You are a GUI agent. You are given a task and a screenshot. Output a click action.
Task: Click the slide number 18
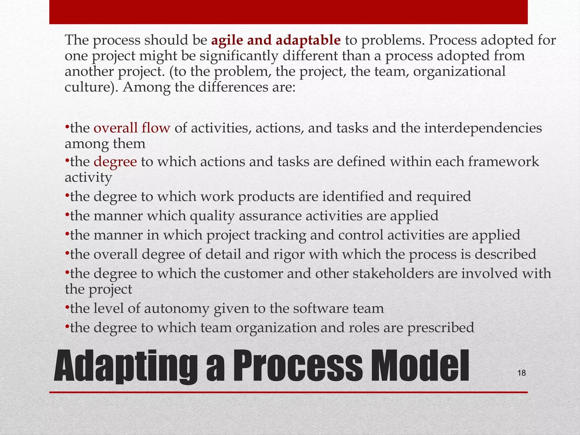[x=521, y=373]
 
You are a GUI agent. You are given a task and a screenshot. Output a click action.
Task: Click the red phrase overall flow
[x=132, y=128]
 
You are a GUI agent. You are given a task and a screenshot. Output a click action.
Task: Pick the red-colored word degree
[x=115, y=162]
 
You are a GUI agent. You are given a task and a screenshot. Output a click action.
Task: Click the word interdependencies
[x=483, y=128]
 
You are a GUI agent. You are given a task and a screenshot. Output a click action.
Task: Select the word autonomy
[x=176, y=308]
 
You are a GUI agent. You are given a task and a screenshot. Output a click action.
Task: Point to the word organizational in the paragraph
[x=459, y=71]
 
